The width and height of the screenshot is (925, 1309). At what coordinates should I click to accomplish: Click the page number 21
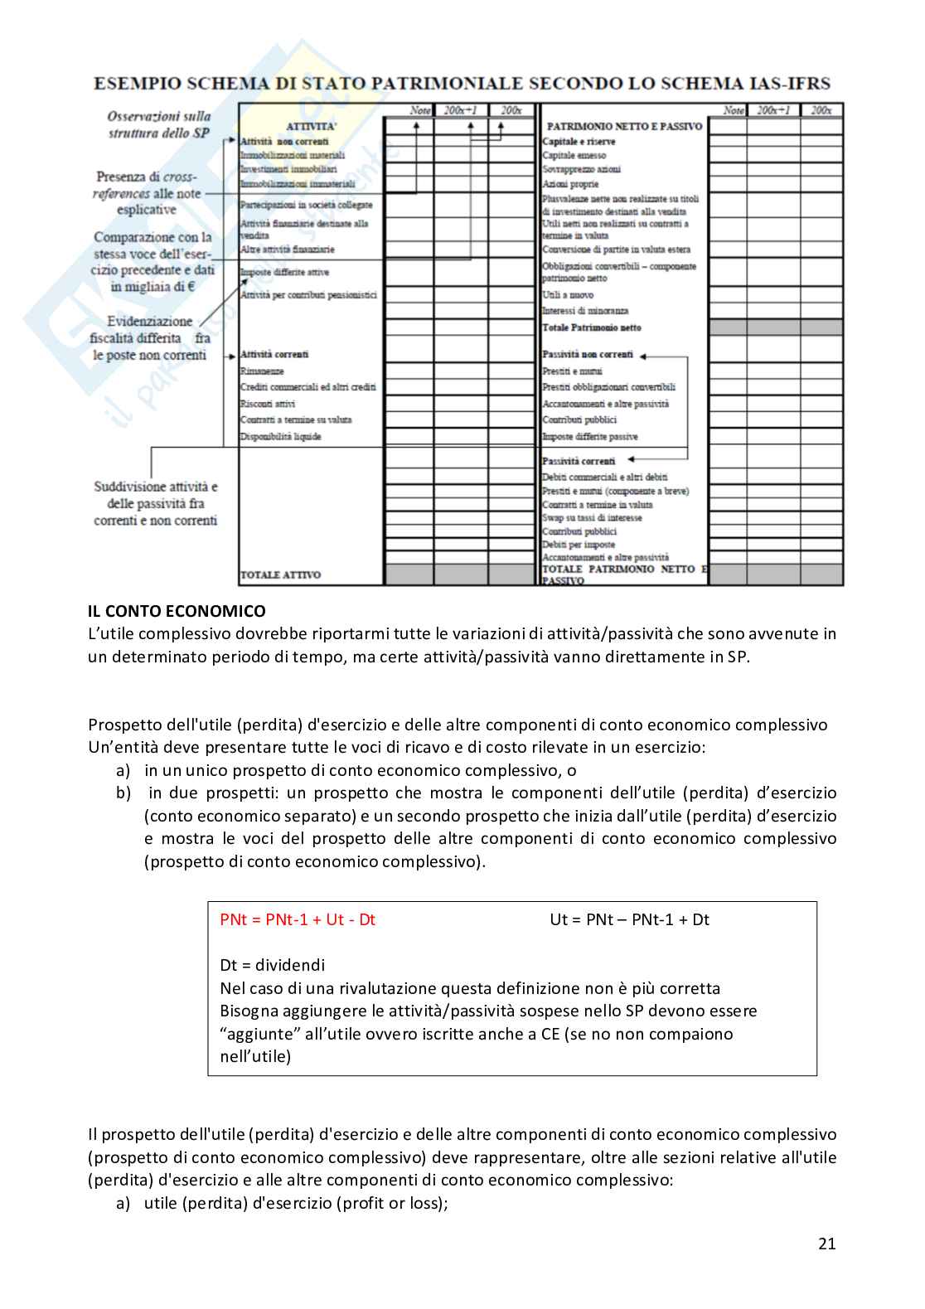pyautogui.click(x=826, y=1243)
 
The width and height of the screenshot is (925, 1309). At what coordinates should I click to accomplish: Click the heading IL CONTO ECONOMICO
pyautogui.click(x=177, y=611)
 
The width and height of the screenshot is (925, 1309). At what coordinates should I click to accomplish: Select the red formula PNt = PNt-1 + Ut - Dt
pyautogui.click(x=298, y=919)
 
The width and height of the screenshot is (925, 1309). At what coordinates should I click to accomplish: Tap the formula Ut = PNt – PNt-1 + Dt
pyautogui.click(x=629, y=919)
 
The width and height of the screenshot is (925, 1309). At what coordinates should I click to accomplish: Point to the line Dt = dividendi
pyautogui.click(x=272, y=965)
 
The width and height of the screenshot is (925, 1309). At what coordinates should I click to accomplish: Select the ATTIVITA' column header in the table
pyautogui.click(x=311, y=126)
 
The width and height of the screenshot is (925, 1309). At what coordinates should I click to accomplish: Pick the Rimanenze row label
pyautogui.click(x=262, y=371)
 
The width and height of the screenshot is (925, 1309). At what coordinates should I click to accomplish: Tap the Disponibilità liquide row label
pyautogui.click(x=280, y=436)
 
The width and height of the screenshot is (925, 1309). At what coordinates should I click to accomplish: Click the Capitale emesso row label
pyautogui.click(x=574, y=155)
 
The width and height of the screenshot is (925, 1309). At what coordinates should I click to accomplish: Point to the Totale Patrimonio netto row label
pyautogui.click(x=592, y=327)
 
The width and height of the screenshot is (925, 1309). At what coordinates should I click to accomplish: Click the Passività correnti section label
pyautogui.click(x=579, y=460)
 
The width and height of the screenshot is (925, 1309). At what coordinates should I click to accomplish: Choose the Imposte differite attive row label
pyautogui.click(x=284, y=272)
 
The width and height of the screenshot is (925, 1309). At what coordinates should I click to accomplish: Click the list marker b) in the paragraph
pyautogui.click(x=123, y=793)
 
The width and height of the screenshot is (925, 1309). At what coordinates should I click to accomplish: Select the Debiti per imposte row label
pyautogui.click(x=579, y=545)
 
